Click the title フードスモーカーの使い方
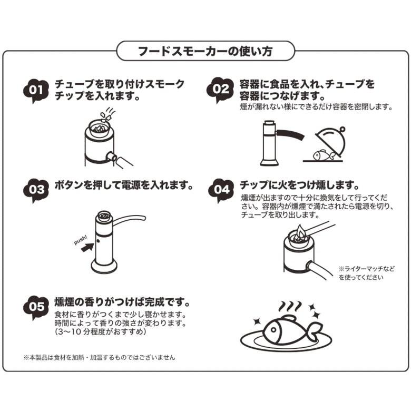tap(205, 52)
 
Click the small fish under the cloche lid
tap(322, 155)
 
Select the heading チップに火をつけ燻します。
tap(299, 185)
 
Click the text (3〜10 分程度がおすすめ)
tap(100, 332)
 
